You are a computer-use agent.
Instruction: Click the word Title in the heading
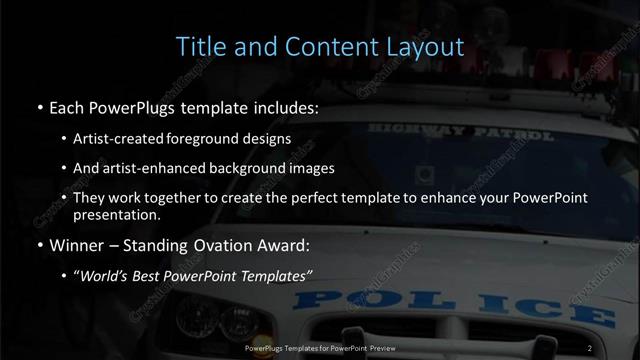pyautogui.click(x=199, y=46)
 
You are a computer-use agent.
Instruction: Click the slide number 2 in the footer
pyautogui.click(x=590, y=347)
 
